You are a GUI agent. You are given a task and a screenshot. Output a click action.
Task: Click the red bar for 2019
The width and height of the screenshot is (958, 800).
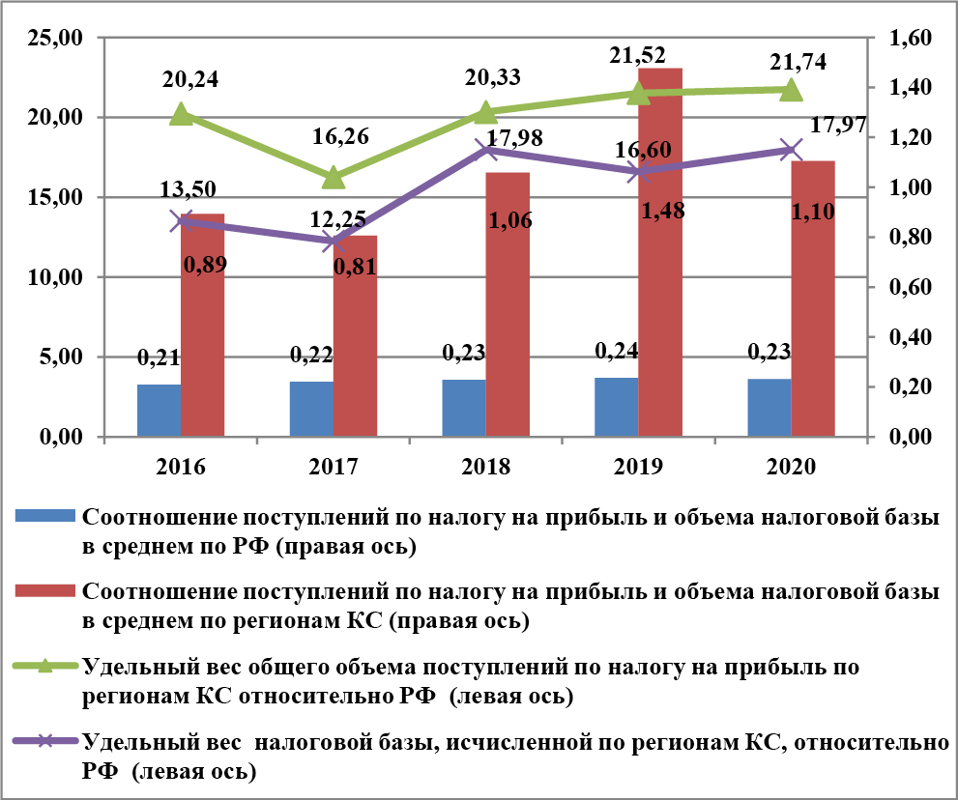[660, 251]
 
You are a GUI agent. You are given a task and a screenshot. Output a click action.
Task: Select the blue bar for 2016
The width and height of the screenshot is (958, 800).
[159, 411]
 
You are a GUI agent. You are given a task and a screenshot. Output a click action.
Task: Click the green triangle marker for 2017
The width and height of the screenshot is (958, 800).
[334, 178]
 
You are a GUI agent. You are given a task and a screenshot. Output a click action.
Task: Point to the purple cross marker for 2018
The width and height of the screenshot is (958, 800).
[486, 150]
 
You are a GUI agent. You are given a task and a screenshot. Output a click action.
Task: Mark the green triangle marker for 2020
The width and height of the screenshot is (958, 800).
[791, 90]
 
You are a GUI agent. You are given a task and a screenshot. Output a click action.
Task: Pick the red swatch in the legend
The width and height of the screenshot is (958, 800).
[46, 589]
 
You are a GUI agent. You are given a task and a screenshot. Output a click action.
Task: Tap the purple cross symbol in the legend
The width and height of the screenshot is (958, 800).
[46, 742]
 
